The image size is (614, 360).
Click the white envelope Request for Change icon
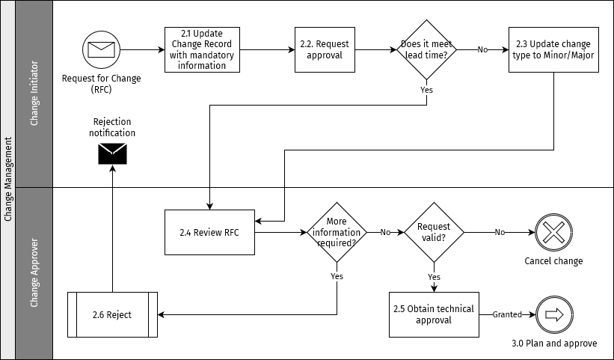pos(99,49)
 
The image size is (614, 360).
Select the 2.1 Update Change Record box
pos(202,49)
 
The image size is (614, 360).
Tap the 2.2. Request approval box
pos(325,49)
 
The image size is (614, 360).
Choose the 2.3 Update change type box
pos(553,49)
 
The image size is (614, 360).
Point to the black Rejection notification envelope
pos(112,153)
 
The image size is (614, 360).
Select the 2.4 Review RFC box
pos(209,232)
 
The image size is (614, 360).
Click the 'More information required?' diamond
pos(337,232)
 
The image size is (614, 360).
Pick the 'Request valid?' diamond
pos(434,232)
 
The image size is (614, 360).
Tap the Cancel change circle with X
pos(553,232)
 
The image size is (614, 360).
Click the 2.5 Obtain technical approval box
pos(433,314)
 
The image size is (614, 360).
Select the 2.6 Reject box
pos(112,314)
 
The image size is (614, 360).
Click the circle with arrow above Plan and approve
pos(553,314)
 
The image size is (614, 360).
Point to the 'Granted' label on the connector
pos(506,315)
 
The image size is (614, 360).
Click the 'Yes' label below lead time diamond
pos(426,90)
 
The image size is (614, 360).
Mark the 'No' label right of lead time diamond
pos(482,49)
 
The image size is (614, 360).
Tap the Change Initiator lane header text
pos(34,94)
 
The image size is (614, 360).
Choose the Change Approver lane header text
pos(34,273)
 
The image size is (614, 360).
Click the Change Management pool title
pos(8,180)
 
